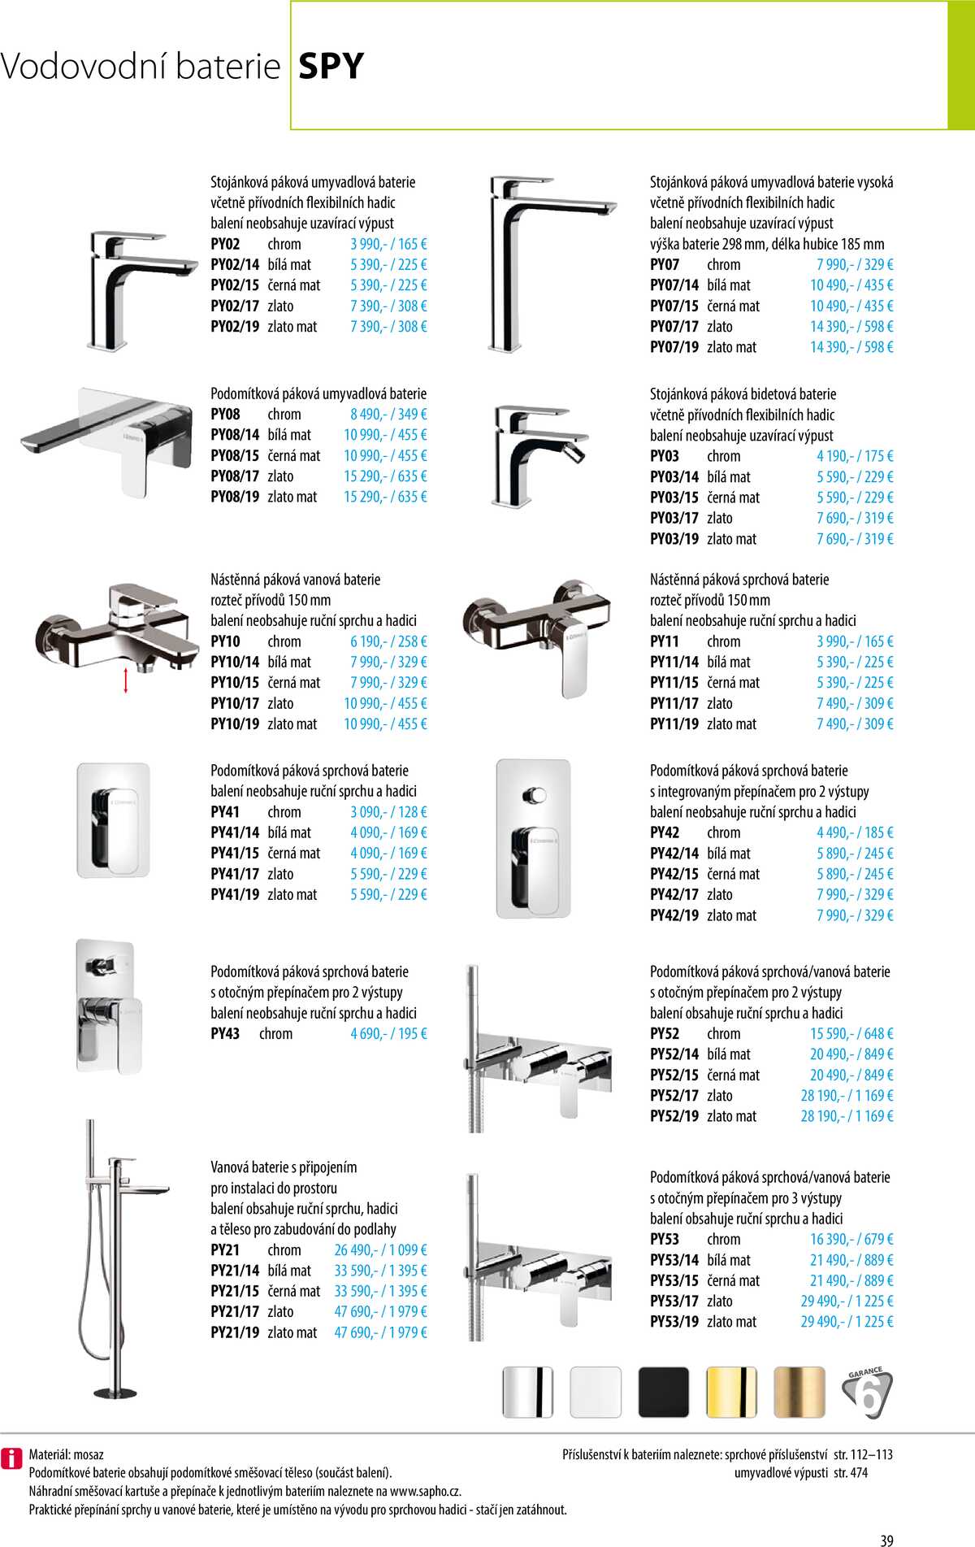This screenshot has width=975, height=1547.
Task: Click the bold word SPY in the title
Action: [331, 66]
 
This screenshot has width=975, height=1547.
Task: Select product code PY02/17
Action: [235, 306]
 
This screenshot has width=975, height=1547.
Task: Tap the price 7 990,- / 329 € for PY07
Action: [855, 264]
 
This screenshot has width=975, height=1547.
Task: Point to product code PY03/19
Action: [674, 538]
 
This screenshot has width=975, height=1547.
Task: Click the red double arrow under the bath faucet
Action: [126, 680]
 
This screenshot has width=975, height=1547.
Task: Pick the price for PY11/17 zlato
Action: [855, 703]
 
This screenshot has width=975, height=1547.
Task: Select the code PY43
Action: [225, 1033]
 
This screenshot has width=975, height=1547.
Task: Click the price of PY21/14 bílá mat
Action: [380, 1270]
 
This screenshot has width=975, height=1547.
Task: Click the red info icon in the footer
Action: [11, 1458]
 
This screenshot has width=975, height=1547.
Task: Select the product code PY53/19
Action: [674, 1321]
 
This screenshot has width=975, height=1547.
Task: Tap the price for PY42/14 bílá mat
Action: [855, 853]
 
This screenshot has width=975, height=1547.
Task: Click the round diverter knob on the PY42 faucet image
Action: [535, 793]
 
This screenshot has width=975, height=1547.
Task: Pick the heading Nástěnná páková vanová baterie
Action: [295, 580]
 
